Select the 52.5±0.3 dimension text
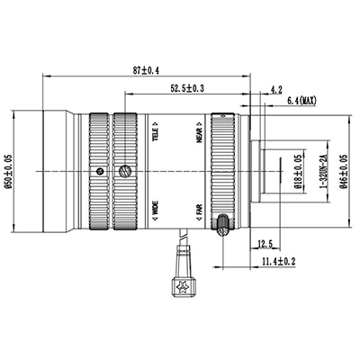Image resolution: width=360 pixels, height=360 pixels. tap(187, 87)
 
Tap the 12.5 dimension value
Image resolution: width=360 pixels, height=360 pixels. tap(265, 244)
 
